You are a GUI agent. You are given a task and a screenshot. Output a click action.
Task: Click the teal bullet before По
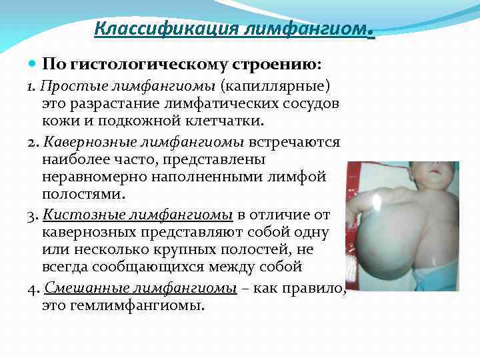34,65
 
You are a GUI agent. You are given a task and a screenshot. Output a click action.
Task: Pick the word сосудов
306,104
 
